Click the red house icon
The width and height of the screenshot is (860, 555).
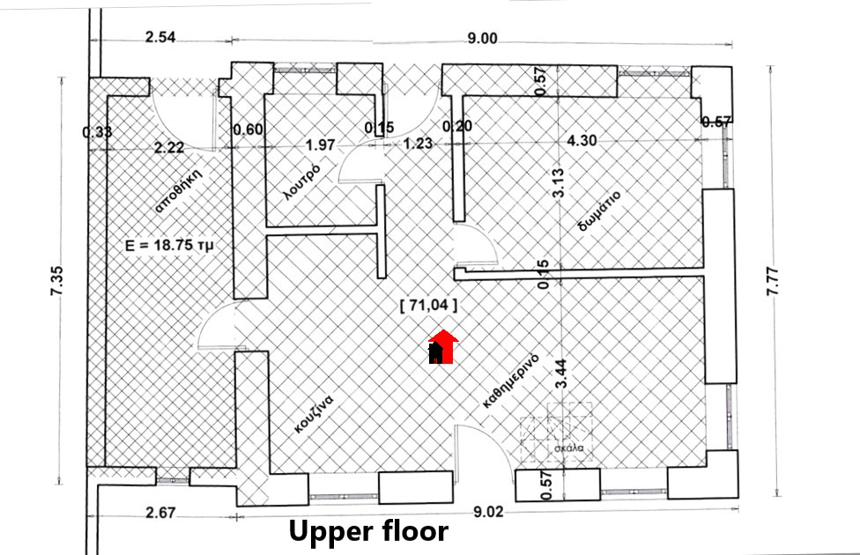click(x=442, y=346)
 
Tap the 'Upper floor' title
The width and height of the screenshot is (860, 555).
click(x=368, y=531)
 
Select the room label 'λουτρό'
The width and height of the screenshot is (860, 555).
click(x=301, y=181)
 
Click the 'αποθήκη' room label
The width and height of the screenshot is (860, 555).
click(x=179, y=189)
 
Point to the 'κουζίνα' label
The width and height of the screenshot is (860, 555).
click(x=314, y=414)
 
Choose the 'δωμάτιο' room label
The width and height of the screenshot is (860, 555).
click(x=600, y=211)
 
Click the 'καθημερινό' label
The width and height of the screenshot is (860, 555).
click(x=511, y=381)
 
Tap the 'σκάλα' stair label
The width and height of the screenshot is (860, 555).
click(x=568, y=448)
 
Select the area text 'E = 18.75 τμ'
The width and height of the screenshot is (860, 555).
click(x=169, y=245)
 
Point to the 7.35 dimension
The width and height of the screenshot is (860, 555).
click(x=56, y=281)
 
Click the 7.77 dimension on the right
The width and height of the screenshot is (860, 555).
click(x=772, y=281)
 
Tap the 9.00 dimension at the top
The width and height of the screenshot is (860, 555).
click(x=483, y=39)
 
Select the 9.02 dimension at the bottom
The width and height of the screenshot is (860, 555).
click(x=488, y=512)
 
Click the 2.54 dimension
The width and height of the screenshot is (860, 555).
click(x=160, y=37)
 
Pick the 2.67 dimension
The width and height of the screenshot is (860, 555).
click(x=160, y=513)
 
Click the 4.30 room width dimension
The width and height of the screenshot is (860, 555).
click(x=582, y=140)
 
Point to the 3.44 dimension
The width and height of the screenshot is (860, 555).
click(x=560, y=374)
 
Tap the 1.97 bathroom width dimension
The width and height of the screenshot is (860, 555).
click(x=321, y=144)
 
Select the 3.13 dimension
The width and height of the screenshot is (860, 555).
click(x=558, y=182)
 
